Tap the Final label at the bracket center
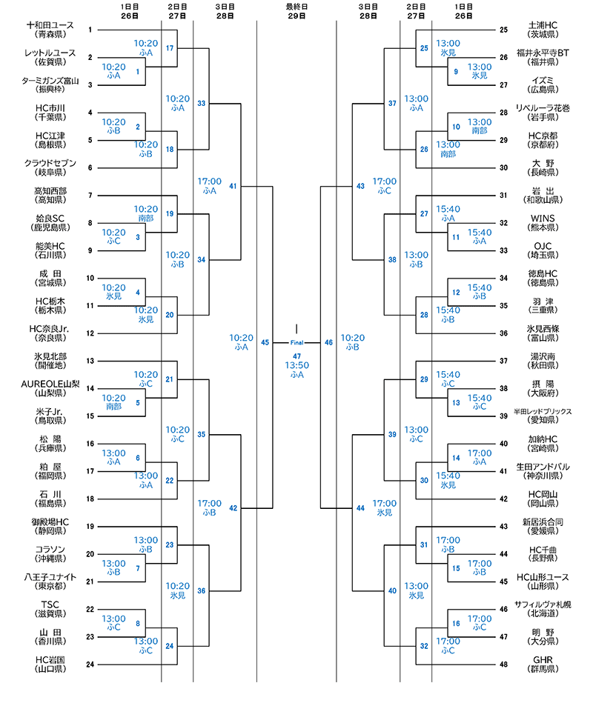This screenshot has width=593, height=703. [x=296, y=343]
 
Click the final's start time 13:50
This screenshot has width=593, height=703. [x=296, y=365]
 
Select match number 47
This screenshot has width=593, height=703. [x=296, y=356]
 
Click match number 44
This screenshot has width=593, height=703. [x=360, y=508]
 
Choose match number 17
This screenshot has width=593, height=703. [x=170, y=48]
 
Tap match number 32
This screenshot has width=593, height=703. [x=424, y=646]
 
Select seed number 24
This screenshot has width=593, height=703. [x=90, y=664]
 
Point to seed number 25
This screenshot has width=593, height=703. [x=503, y=30]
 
